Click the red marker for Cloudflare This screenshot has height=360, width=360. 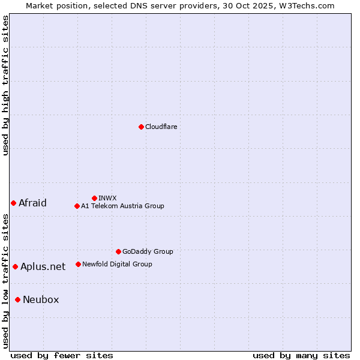141,127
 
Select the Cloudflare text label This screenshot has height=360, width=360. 161,127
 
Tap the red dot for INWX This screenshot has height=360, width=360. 94,198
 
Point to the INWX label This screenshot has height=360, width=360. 107,198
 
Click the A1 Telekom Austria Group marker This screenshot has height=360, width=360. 77,206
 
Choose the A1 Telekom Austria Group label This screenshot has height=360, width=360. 122,206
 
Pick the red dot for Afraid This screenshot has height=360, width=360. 13,203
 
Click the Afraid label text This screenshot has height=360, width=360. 32,203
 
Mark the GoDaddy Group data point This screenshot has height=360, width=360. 118,251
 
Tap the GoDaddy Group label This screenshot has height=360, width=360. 148,251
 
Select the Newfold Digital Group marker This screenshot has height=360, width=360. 78,264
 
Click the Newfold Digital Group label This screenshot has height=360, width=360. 117,264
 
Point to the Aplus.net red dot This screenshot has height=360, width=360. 15,266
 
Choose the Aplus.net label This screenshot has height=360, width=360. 43,267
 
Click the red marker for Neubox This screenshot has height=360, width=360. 17,299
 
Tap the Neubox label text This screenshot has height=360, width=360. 41,300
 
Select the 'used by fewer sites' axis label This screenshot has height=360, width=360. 62,355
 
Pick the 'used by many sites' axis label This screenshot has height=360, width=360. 301,355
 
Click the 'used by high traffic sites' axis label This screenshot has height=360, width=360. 6,85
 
